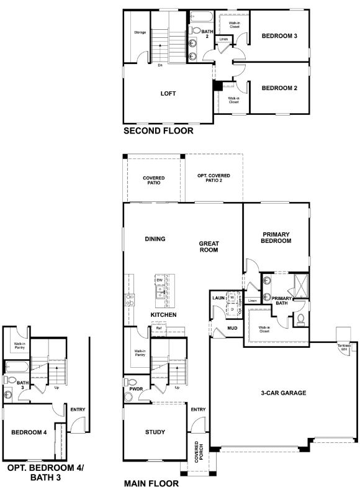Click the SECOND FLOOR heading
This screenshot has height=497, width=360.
pyautogui.click(x=158, y=131)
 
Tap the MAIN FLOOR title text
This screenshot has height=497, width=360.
pyautogui.click(x=151, y=483)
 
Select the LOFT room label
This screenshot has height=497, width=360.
pyautogui.click(x=168, y=94)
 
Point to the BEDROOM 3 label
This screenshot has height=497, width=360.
pyautogui.click(x=279, y=36)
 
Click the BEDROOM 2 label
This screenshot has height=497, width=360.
pyautogui.click(x=279, y=88)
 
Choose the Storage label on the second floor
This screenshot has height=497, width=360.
pyautogui.click(x=140, y=32)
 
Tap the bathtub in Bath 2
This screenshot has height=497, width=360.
pyautogui.click(x=202, y=16)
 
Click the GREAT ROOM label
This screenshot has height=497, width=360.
pyautogui.click(x=209, y=247)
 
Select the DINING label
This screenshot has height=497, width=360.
pyautogui.click(x=155, y=239)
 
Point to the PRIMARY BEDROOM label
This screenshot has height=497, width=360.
pyautogui.click(x=276, y=237)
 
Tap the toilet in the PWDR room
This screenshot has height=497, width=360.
pyautogui.click(x=130, y=382)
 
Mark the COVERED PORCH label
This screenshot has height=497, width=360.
pyautogui.click(x=197, y=453)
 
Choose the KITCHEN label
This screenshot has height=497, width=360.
pyautogui.click(x=163, y=315)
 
